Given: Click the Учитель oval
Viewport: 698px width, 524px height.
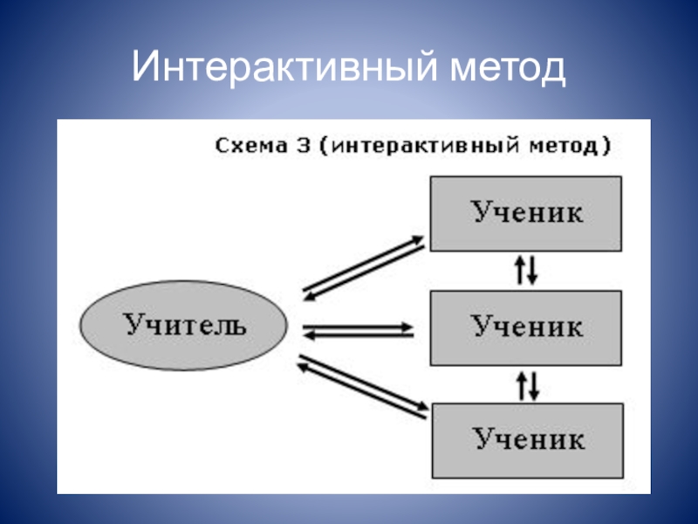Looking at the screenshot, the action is point(184,326).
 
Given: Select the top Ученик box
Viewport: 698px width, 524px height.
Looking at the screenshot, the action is point(526,213).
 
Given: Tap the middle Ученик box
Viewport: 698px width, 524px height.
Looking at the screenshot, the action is point(526,327).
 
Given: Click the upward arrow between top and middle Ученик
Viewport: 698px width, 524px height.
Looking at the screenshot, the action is point(521,270).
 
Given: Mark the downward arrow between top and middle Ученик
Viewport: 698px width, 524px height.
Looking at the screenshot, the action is point(533,270).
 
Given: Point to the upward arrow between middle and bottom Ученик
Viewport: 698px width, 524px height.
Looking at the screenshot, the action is point(521,384).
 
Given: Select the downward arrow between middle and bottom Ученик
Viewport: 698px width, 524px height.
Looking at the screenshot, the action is point(533,384).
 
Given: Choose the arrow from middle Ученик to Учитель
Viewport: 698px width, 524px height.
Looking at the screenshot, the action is point(358,334).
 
